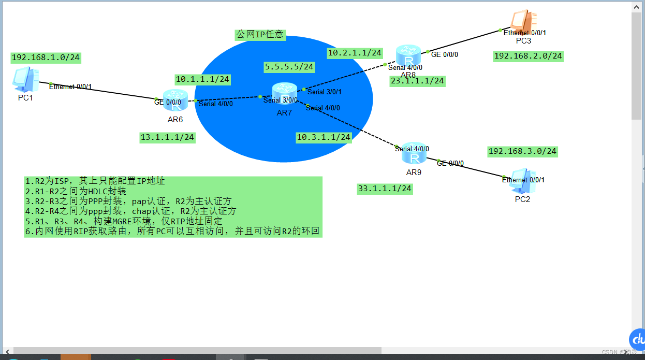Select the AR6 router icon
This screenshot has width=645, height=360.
(x=175, y=100)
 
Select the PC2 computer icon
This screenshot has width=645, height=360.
(x=522, y=181)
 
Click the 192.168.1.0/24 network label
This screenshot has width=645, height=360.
(x=46, y=57)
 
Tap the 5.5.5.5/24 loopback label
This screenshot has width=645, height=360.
(x=289, y=67)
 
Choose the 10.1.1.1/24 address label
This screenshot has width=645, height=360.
(x=202, y=80)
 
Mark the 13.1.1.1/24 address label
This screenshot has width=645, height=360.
(x=167, y=137)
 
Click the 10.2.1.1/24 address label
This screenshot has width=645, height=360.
(x=355, y=53)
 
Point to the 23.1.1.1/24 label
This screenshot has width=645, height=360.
(x=417, y=81)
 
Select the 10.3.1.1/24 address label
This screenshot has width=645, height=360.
(x=324, y=137)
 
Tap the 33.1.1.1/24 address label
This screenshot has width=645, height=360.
(x=385, y=189)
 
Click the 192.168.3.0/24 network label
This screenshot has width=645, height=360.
(x=522, y=151)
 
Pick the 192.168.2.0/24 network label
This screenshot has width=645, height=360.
(x=528, y=56)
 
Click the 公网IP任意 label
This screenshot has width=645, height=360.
(x=260, y=35)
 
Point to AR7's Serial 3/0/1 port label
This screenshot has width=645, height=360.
(x=325, y=92)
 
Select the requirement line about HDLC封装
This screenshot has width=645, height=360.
(x=76, y=191)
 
